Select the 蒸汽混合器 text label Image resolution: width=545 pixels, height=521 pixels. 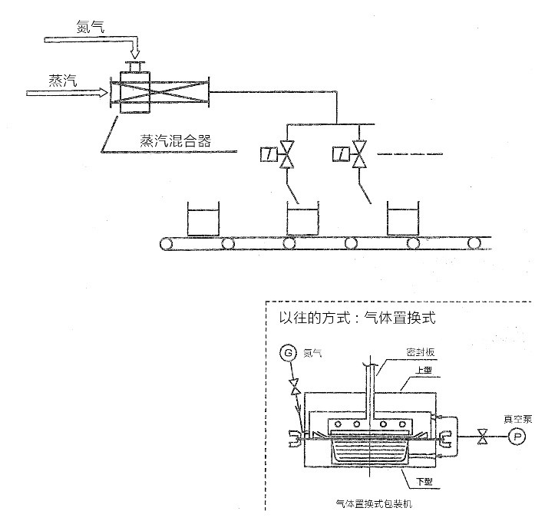point(175,140)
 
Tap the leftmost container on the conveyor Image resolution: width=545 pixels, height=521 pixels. point(202,220)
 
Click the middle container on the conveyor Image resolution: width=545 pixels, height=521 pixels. point(302,220)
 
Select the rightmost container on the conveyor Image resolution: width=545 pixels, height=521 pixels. point(403,220)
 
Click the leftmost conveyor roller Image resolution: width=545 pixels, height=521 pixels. point(167,245)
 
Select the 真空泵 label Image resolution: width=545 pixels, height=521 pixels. point(514,419)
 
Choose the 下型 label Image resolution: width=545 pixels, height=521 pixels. point(424,481)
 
